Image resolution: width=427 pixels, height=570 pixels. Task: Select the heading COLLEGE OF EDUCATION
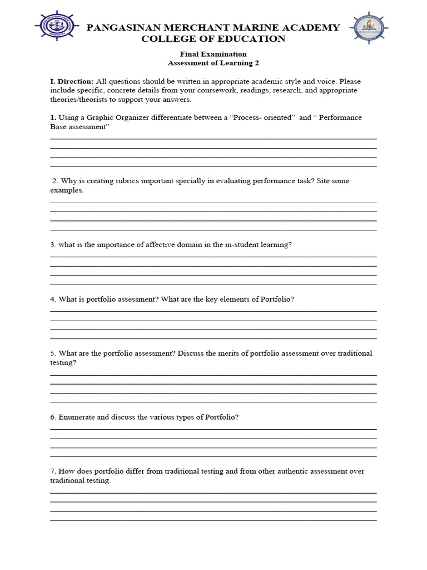pos(213,39)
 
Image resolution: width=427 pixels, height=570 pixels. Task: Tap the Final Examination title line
pos(213,54)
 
